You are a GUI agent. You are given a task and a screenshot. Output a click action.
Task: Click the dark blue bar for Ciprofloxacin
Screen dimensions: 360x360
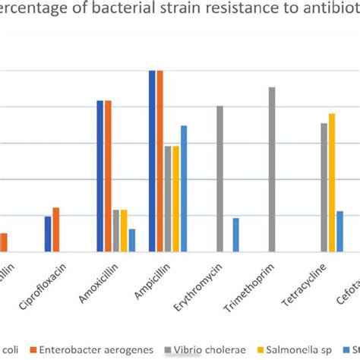tap(48, 234)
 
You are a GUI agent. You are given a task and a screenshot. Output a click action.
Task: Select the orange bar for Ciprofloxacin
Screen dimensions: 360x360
tap(56, 229)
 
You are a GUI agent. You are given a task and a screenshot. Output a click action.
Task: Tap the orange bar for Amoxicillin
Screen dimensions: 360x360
tap(109, 175)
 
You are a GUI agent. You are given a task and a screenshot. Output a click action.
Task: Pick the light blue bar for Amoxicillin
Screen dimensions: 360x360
tap(132, 240)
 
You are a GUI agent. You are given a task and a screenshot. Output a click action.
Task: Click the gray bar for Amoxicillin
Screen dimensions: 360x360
tap(116, 230)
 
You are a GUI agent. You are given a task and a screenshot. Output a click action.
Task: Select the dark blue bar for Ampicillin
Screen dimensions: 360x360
tap(152, 161)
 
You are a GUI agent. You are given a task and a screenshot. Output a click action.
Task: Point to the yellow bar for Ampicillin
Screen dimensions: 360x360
tap(175, 198)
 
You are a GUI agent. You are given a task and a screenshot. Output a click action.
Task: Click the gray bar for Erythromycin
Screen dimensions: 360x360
tap(220, 178)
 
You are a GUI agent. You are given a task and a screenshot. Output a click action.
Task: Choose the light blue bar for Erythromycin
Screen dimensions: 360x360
tap(235, 235)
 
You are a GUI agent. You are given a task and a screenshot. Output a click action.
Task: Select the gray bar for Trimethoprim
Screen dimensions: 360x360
tap(272, 169)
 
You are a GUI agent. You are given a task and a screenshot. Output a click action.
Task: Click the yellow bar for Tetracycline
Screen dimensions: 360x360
tap(332, 182)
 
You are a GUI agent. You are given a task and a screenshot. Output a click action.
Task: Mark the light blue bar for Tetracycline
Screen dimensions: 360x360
tap(339, 231)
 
